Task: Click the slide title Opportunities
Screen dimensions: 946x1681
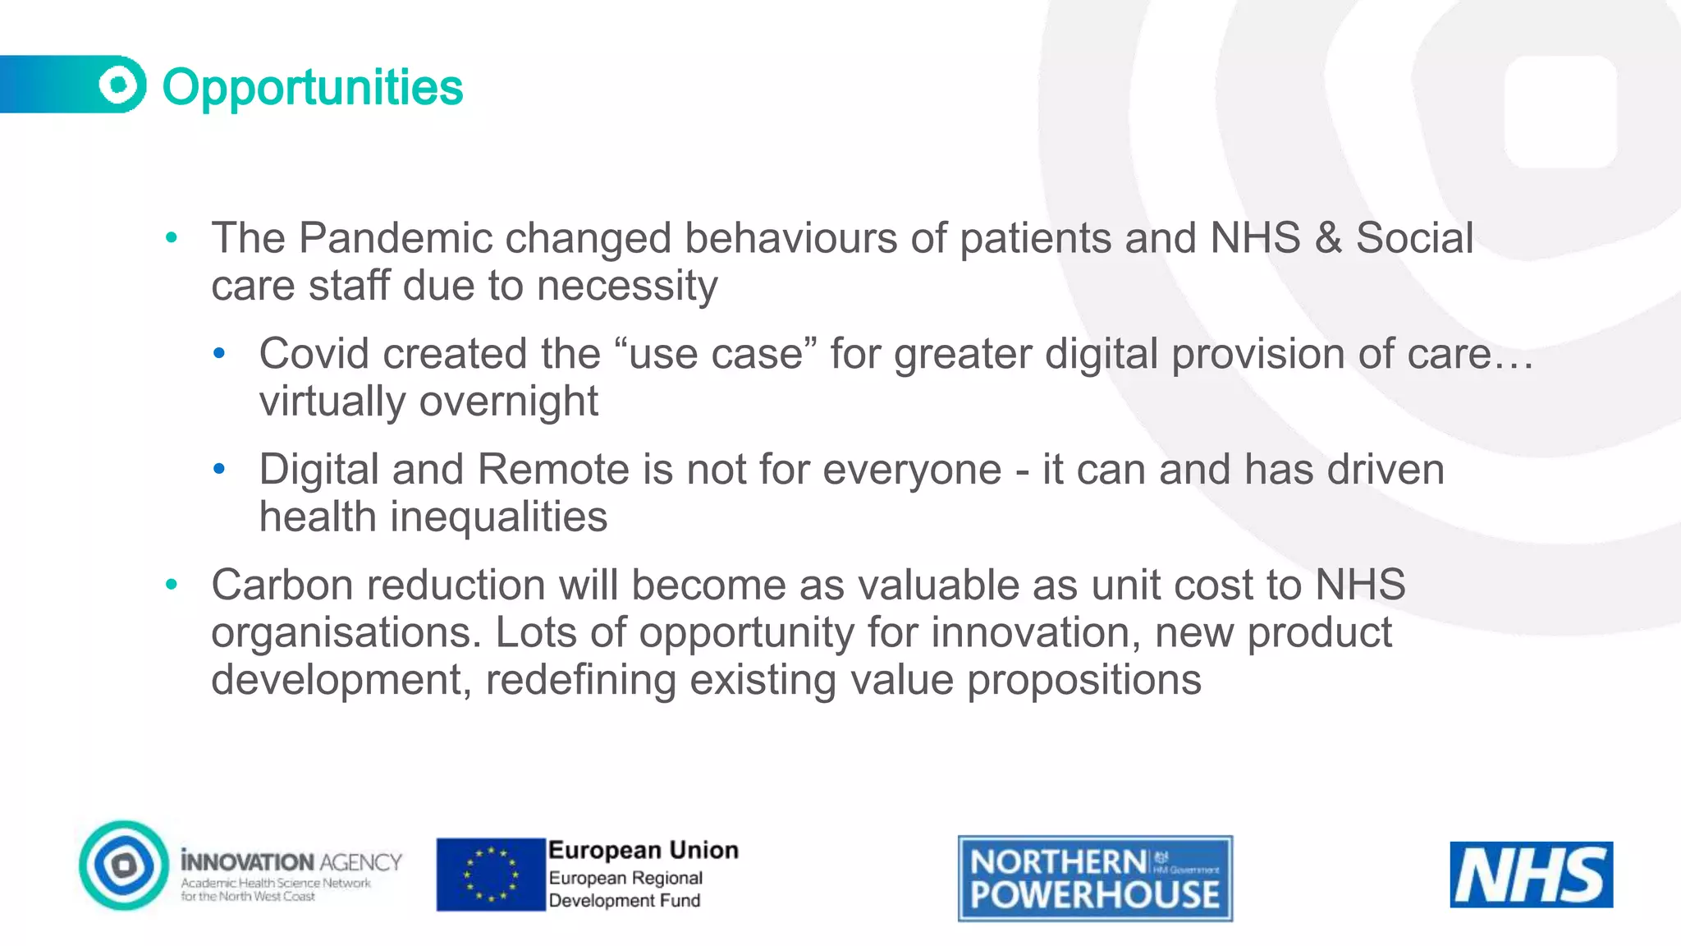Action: (x=312, y=87)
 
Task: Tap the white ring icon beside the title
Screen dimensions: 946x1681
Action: (x=120, y=84)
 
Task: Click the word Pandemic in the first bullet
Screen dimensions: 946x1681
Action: (x=395, y=238)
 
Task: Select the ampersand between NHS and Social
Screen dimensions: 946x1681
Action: (x=1327, y=238)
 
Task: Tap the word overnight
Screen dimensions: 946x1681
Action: (x=509, y=402)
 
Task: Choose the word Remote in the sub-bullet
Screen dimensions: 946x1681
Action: (x=553, y=470)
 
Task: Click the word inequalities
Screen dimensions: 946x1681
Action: (x=498, y=517)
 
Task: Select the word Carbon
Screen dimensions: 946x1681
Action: (x=282, y=586)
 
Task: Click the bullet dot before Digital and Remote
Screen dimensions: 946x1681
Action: (x=219, y=470)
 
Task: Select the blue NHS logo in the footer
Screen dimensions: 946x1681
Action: (x=1531, y=875)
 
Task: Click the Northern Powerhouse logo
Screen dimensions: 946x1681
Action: (x=1095, y=879)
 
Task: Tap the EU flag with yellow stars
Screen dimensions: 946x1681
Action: (x=491, y=875)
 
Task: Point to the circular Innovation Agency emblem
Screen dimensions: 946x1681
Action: (x=124, y=866)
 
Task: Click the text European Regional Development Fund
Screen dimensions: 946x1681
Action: (x=625, y=889)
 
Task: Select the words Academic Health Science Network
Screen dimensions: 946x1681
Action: (x=276, y=884)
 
